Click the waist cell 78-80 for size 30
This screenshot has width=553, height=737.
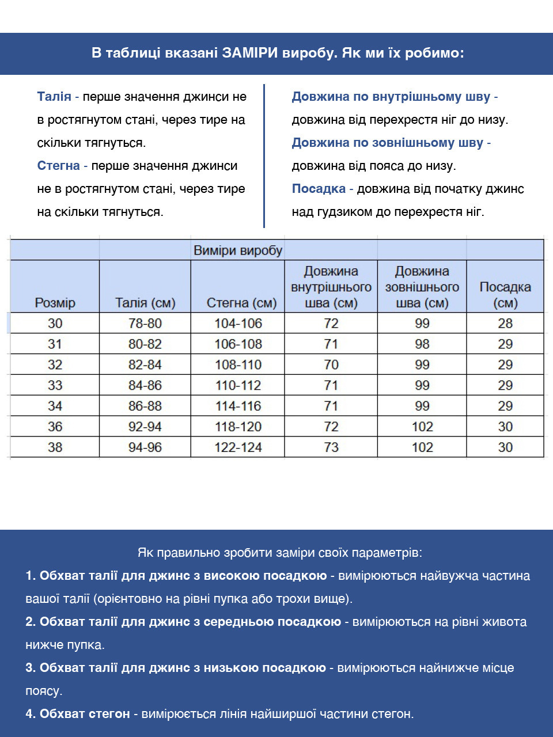pos(145,323)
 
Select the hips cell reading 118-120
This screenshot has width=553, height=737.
pos(238,427)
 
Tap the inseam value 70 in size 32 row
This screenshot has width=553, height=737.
pos(331,364)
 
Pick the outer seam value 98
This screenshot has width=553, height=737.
pos(422,344)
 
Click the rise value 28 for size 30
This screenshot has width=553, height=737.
pos(505,323)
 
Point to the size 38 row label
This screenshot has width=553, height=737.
pos(55,447)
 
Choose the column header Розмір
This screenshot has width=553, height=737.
pos(55,303)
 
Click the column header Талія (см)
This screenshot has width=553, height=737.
pos(145,303)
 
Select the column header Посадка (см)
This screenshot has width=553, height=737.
pos(505,295)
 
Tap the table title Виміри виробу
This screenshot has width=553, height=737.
pos(238,250)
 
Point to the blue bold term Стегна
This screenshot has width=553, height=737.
pos(58,166)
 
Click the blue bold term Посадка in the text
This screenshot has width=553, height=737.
pos(319,189)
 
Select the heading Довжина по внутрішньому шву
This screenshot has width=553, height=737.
pos(391,97)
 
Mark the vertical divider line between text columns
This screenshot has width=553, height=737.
pos(264,155)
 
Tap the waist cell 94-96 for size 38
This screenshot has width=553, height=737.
pos(145,447)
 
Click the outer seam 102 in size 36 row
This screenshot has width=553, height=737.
pos(422,427)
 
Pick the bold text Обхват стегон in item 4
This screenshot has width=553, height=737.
pos(85,714)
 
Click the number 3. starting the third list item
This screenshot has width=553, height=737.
pos(31,668)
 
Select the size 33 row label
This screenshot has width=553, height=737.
pos(55,385)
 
